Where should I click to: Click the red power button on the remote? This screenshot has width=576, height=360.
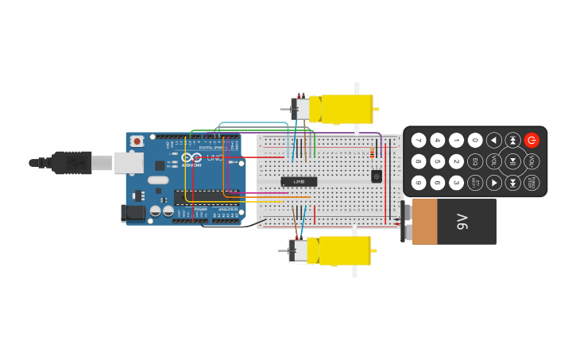(532, 140)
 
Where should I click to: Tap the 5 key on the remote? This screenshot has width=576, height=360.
(438, 161)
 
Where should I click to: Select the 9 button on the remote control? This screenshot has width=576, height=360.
(419, 183)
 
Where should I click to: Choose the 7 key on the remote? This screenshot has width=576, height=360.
(419, 140)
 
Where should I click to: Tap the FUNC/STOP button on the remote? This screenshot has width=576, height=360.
(532, 183)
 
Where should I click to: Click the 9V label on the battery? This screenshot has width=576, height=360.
(463, 221)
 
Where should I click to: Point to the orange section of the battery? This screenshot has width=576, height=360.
(425, 221)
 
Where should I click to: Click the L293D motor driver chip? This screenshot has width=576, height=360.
(299, 182)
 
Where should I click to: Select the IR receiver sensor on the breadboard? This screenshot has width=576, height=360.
(376, 176)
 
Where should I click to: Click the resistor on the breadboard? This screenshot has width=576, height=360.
(372, 153)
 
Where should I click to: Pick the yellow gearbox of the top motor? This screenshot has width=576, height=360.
(346, 109)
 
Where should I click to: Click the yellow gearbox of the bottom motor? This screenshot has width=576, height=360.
(344, 250)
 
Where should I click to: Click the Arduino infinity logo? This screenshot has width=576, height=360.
(191, 157)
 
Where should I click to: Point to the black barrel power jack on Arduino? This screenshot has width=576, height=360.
(133, 212)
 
